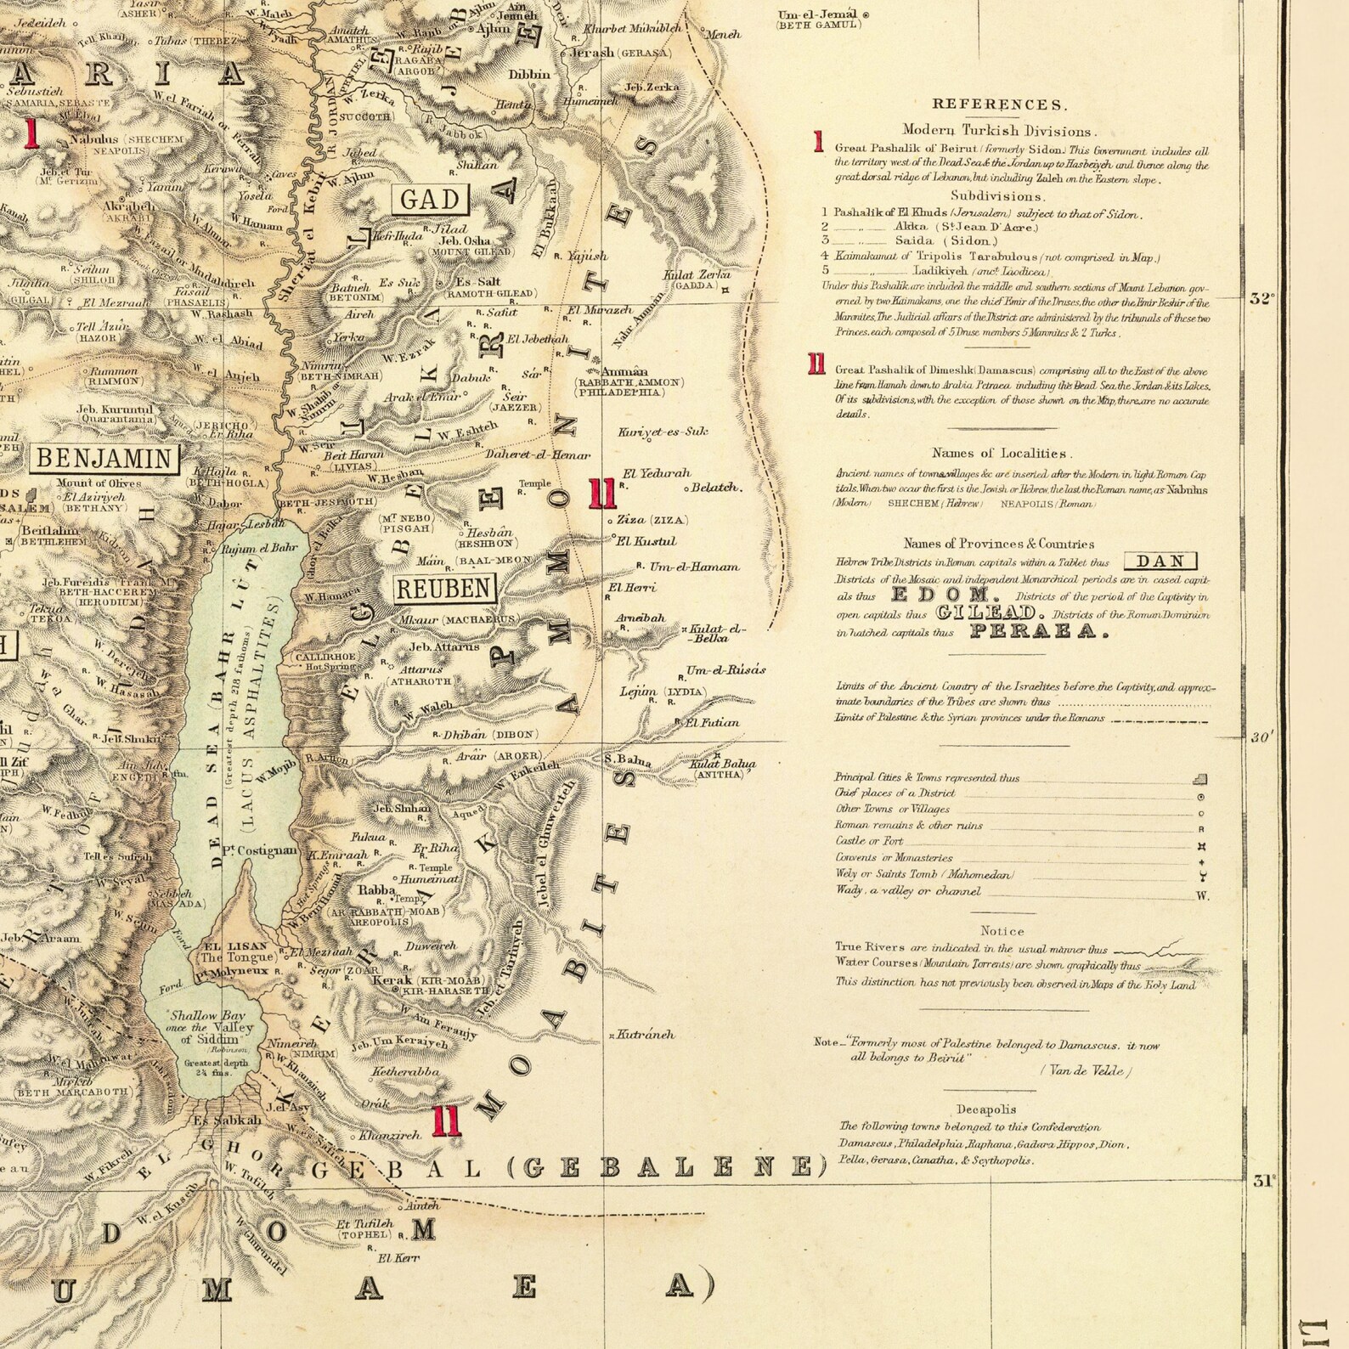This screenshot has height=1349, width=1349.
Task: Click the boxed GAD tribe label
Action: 430,200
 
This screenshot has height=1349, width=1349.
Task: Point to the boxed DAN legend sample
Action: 1160,562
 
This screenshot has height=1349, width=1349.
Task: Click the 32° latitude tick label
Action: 1262,298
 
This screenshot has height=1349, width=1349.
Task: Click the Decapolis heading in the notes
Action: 985,1109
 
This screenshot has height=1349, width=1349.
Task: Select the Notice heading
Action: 1002,931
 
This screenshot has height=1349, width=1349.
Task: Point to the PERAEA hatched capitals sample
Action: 1038,631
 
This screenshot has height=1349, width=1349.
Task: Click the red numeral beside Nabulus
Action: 32,133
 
